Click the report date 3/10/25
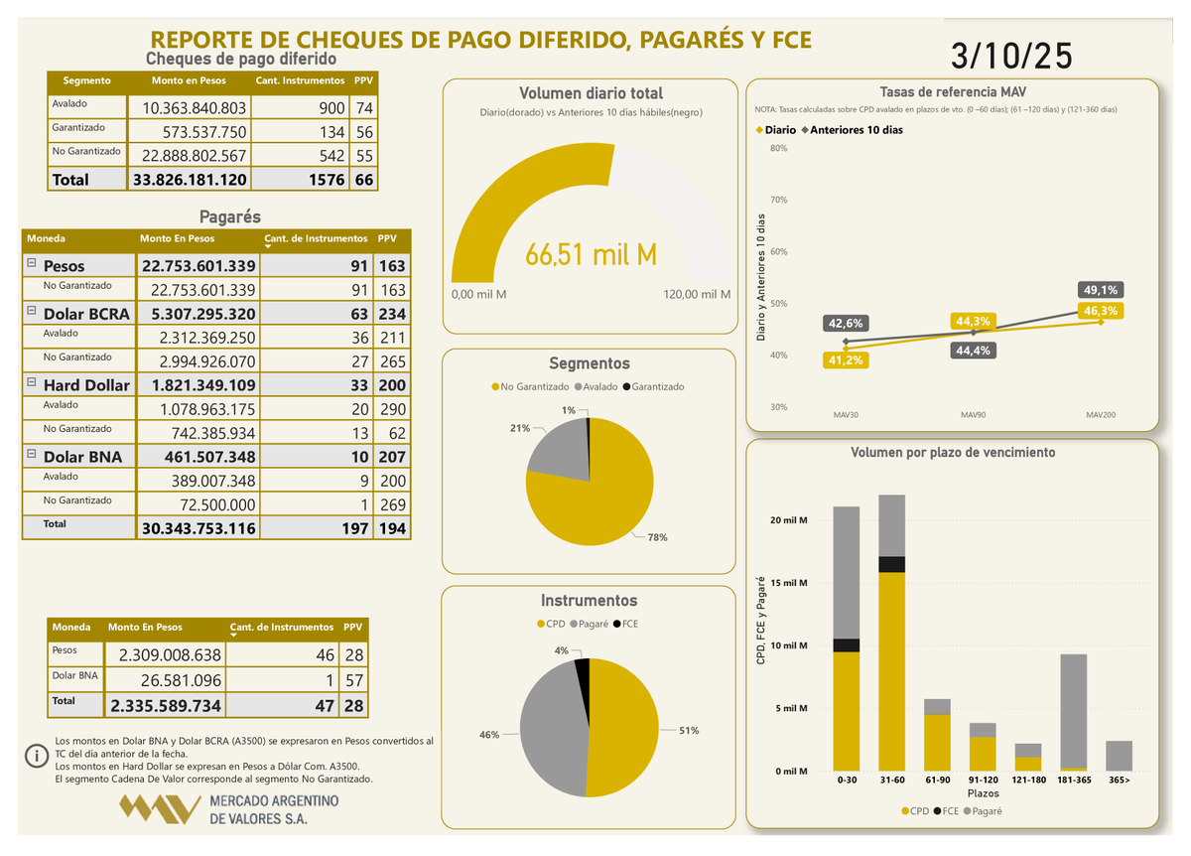[x=1011, y=56]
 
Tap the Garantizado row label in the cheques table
[x=73, y=128]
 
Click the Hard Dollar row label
[x=86, y=385]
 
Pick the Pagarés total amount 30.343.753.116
[x=199, y=528]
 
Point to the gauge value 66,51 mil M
[x=591, y=255]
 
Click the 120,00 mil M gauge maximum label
[x=696, y=295]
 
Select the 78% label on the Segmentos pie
[x=658, y=537]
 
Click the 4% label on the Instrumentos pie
[x=562, y=650]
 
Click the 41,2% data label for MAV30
[x=846, y=360]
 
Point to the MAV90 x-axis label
[x=973, y=414]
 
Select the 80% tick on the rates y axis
[x=779, y=149]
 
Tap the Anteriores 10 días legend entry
[x=856, y=130]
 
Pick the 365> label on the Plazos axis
[x=1119, y=781]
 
